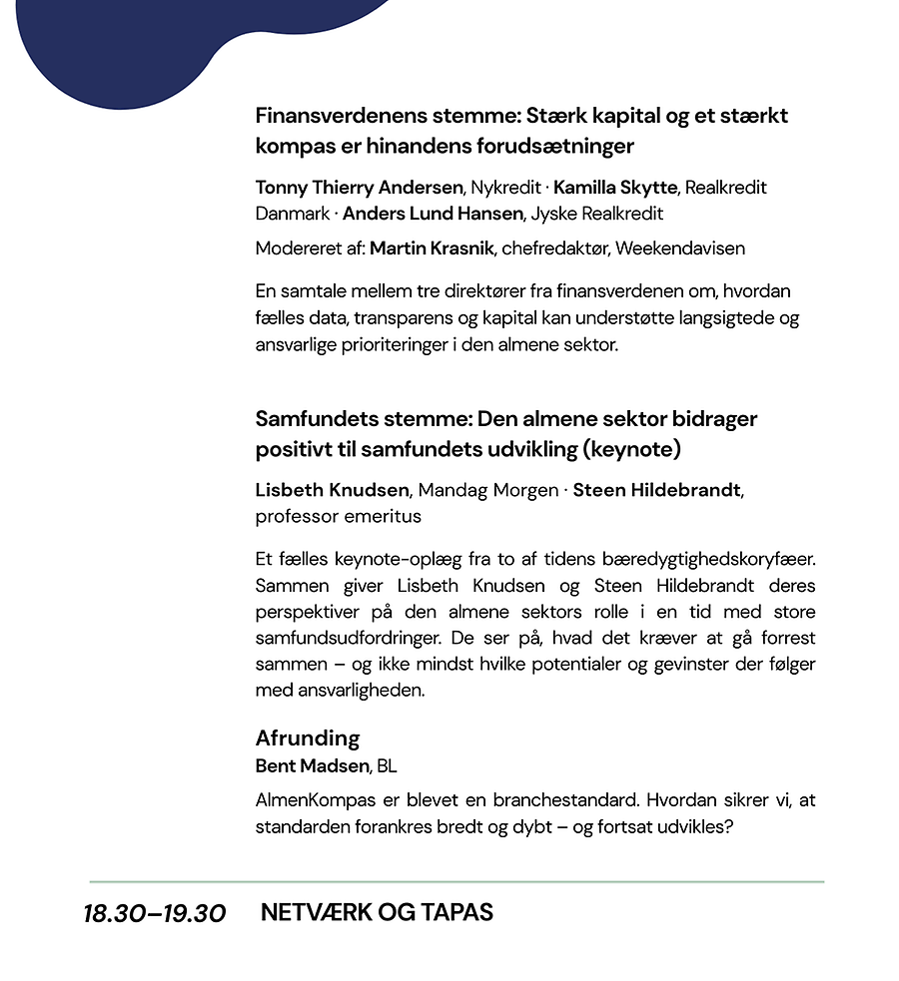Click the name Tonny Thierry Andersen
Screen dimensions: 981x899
(x=360, y=188)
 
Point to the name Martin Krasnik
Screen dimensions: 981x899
(x=432, y=247)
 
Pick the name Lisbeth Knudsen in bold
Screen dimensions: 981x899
(x=333, y=490)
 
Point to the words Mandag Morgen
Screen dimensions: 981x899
(x=487, y=490)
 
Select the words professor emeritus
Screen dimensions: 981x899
(x=339, y=516)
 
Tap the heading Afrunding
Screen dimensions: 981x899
(x=308, y=738)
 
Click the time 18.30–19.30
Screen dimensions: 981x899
(x=155, y=914)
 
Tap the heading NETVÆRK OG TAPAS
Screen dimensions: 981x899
(x=377, y=912)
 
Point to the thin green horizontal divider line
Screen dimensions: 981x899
(x=456, y=882)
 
